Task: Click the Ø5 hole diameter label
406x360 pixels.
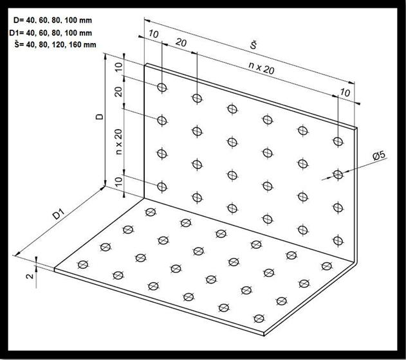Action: point(379,156)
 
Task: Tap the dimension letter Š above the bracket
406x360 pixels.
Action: point(254,45)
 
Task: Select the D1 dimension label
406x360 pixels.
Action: point(58,215)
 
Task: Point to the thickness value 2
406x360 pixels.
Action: point(30,276)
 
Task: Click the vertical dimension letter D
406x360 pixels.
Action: point(100,116)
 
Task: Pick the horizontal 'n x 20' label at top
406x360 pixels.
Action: point(261,68)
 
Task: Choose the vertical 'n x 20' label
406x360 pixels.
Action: point(118,141)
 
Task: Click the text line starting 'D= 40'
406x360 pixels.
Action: point(53,21)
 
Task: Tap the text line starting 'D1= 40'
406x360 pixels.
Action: point(50,33)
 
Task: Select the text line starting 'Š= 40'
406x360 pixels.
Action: point(55,44)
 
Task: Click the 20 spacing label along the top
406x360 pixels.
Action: point(181,42)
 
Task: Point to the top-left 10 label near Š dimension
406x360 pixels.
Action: point(154,34)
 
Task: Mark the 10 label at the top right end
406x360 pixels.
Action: point(345,93)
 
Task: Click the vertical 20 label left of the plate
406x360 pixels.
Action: point(118,91)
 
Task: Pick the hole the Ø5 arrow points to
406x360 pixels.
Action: point(338,175)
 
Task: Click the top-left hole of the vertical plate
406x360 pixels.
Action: point(162,87)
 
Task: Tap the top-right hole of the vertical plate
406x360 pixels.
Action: point(338,141)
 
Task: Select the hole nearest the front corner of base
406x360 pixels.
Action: point(259,318)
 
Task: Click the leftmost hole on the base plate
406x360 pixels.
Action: point(83,264)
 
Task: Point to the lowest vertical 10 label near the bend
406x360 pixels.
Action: point(118,182)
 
